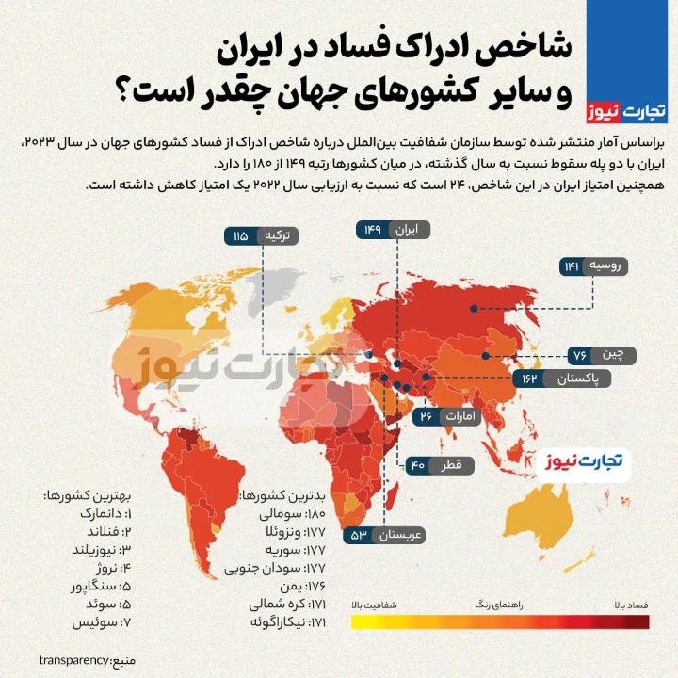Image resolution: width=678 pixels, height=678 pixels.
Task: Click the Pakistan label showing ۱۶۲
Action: click(x=562, y=379)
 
